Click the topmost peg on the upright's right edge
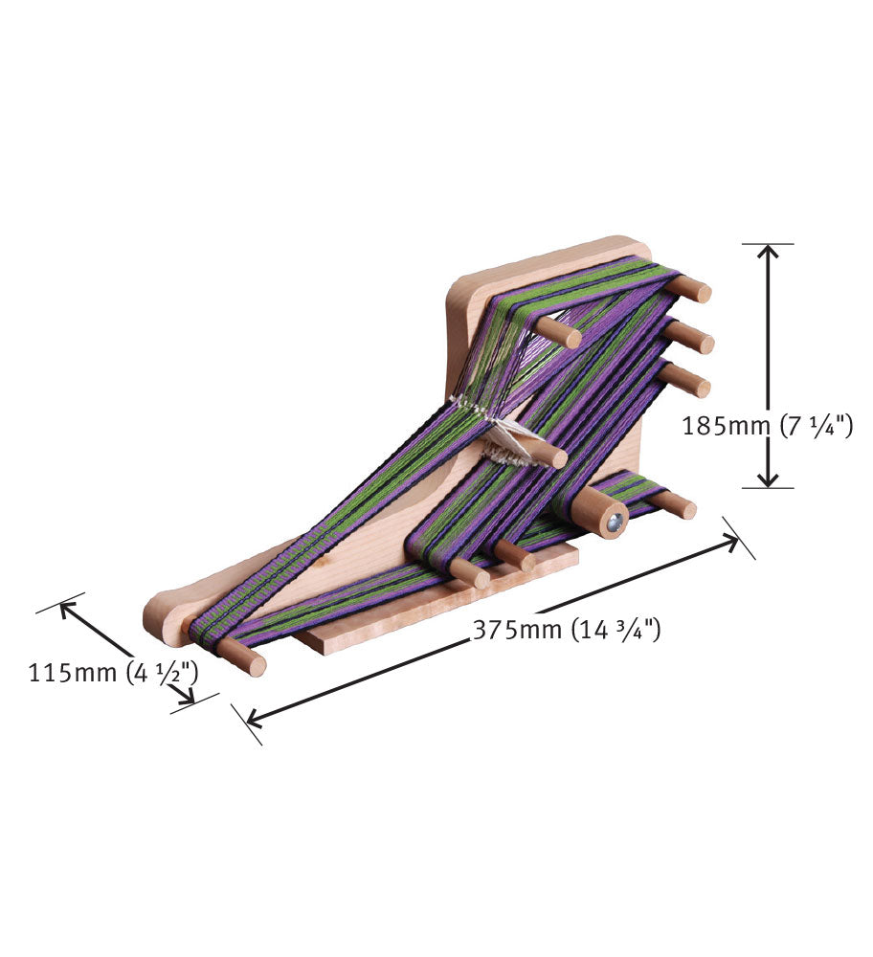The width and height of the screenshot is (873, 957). (691, 288)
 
